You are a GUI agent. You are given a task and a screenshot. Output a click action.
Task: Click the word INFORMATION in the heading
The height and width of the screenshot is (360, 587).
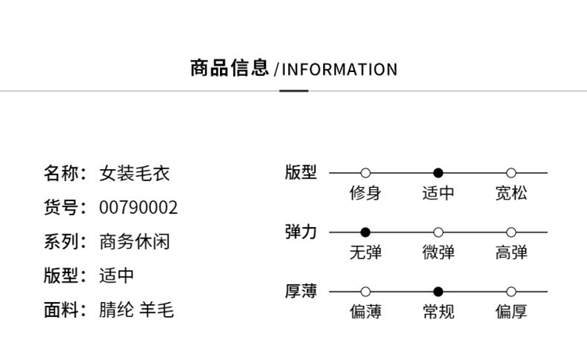[339, 70]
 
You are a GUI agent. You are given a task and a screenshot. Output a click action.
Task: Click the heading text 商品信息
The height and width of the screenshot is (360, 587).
[229, 68]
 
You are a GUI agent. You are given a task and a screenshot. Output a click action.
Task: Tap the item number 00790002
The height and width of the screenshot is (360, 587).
[139, 207]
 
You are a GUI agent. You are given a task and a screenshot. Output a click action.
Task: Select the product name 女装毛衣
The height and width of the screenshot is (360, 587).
[135, 173]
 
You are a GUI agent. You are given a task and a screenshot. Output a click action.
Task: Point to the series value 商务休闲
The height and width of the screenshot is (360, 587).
[135, 242]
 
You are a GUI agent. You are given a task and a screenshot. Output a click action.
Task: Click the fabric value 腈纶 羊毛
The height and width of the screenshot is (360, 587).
[137, 310]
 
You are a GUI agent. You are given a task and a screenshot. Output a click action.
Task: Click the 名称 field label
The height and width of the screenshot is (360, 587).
[62, 173]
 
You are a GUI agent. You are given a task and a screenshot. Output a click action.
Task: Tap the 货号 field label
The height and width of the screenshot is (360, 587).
[62, 207]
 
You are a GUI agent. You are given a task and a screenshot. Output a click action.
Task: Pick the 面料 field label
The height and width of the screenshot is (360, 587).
[62, 310]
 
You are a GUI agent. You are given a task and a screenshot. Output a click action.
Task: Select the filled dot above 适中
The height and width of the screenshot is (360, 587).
[438, 173]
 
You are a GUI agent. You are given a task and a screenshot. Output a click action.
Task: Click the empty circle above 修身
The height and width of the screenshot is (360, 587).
[366, 173]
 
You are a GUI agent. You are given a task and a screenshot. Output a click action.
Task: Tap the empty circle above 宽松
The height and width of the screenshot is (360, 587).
[511, 173]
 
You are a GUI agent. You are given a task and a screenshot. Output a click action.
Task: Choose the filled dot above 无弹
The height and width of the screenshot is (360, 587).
[366, 232]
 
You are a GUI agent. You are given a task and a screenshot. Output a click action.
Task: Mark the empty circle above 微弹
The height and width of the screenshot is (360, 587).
[438, 232]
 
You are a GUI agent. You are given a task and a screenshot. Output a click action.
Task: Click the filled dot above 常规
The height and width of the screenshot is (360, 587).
[438, 292]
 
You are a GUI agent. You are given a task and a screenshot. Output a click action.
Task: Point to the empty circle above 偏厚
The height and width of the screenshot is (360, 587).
[511, 292]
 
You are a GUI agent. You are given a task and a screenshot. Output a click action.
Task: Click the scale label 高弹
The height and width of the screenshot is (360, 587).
[511, 253]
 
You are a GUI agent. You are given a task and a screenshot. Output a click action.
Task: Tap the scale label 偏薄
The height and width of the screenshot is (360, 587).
[366, 312]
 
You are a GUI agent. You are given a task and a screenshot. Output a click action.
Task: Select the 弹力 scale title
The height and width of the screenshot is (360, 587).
[301, 232]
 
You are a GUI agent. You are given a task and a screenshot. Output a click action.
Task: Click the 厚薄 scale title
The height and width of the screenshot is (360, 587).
[301, 292]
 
